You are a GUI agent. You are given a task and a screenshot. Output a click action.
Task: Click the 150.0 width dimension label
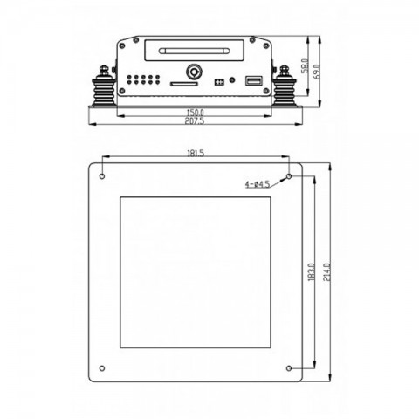(x=195, y=112)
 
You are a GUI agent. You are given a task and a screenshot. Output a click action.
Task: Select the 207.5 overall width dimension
(x=195, y=120)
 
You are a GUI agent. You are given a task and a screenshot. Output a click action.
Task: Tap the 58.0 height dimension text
(x=305, y=66)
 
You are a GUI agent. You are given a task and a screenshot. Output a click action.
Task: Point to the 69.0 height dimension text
(x=317, y=72)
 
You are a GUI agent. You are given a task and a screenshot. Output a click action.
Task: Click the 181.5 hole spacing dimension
(x=196, y=153)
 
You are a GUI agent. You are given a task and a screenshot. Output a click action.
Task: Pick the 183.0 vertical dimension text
(x=311, y=272)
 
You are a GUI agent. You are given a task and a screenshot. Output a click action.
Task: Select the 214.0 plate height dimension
(x=327, y=272)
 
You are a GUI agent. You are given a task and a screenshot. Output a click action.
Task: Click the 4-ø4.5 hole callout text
(x=258, y=184)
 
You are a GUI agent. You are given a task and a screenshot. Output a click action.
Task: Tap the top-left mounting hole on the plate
(x=102, y=176)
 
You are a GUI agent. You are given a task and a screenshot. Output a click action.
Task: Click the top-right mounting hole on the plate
(x=289, y=176)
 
